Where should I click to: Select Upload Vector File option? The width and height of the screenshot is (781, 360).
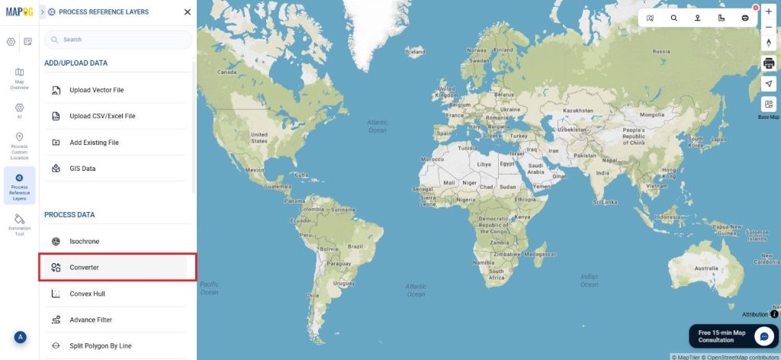click(97, 90)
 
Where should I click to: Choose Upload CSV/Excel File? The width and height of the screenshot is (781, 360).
click(102, 116)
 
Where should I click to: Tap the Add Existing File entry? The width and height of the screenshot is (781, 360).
click(94, 143)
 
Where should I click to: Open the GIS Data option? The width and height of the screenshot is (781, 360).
click(82, 169)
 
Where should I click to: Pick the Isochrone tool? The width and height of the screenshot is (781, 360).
click(84, 241)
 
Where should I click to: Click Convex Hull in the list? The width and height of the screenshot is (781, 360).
click(87, 294)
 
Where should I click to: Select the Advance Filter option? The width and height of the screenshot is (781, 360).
click(91, 320)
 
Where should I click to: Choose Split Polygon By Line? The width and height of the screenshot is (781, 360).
click(100, 346)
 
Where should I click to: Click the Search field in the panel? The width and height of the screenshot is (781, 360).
click(118, 39)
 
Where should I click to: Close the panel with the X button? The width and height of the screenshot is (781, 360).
click(188, 11)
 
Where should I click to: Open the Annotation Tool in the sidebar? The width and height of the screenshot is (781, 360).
click(19, 224)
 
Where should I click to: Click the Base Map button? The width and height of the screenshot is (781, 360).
click(769, 106)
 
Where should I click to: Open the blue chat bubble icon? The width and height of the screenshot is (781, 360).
click(764, 336)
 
